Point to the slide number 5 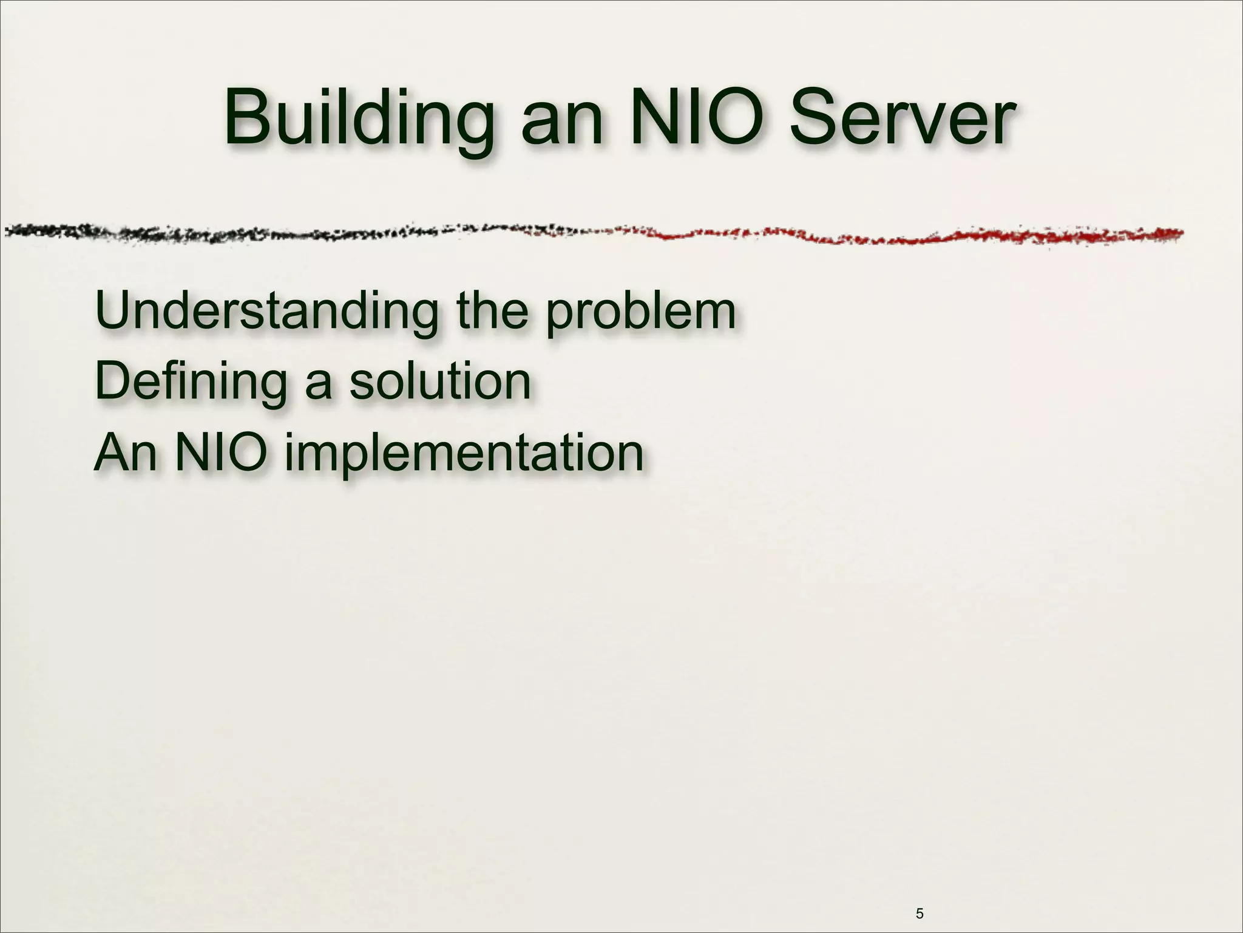click(x=920, y=897)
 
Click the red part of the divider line click(x=910, y=236)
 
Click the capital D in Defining click(x=113, y=381)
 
